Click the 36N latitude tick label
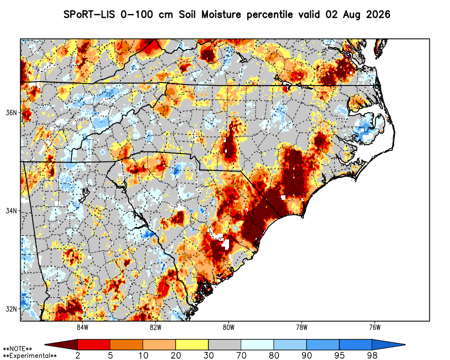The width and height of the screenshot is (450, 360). pyautogui.click(x=11, y=112)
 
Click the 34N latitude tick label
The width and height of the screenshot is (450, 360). pyautogui.click(x=11, y=211)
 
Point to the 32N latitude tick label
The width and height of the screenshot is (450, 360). pyautogui.click(x=11, y=309)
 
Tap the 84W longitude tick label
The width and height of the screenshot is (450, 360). pyautogui.click(x=82, y=327)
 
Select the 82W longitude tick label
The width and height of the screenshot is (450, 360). pyautogui.click(x=156, y=327)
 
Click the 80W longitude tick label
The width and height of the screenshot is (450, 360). pyautogui.click(x=229, y=327)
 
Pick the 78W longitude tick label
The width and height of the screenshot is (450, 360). pyautogui.click(x=301, y=327)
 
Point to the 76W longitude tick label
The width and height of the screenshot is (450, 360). pyautogui.click(x=375, y=327)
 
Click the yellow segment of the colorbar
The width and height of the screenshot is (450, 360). pyautogui.click(x=192, y=345)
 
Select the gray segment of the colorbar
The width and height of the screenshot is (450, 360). pyautogui.click(x=225, y=345)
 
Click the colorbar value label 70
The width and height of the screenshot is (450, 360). pyautogui.click(x=241, y=355)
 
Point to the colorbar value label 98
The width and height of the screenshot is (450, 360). pyautogui.click(x=372, y=355)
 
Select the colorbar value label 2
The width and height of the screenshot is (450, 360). pyautogui.click(x=78, y=355)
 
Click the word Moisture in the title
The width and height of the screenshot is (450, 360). pyautogui.click(x=221, y=14)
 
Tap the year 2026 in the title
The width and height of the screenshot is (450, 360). pyautogui.click(x=378, y=14)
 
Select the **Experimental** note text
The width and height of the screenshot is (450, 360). pyautogui.click(x=30, y=356)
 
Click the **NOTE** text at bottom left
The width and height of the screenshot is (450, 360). pyautogui.click(x=18, y=349)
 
